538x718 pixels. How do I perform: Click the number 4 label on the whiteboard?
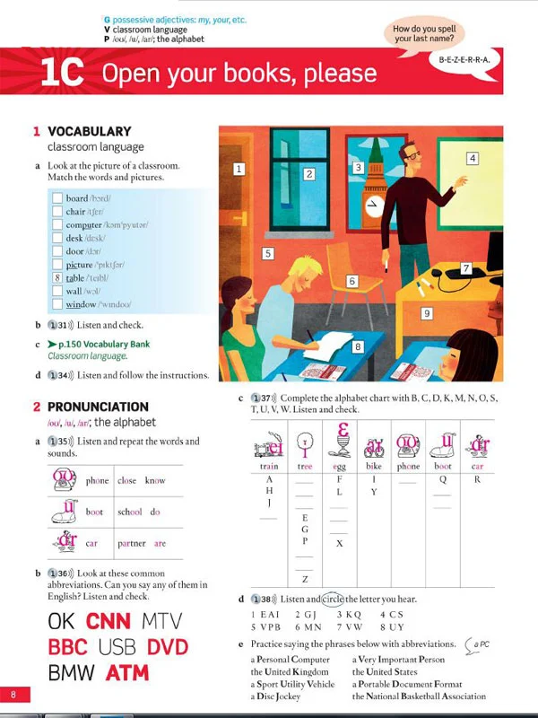point(473,159)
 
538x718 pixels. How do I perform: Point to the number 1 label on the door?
point(239,169)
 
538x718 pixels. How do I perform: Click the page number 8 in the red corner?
point(14,695)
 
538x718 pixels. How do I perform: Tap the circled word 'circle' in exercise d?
point(332,599)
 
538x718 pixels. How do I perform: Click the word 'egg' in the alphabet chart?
point(336,467)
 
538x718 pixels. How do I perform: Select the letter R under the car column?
point(477,479)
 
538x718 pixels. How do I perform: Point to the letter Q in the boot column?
point(442,479)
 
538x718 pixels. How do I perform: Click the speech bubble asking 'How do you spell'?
point(424,35)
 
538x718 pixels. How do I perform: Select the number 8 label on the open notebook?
point(358,346)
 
